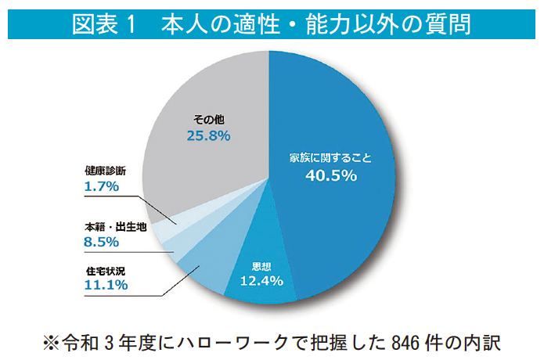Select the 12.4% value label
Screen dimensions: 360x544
click(261, 280)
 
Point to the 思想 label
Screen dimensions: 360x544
click(261, 265)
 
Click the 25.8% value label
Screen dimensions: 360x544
click(208, 136)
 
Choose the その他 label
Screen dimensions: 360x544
click(209, 120)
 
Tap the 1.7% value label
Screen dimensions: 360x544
click(100, 186)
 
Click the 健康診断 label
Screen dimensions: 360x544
click(105, 171)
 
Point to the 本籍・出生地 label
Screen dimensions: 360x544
click(115, 227)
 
